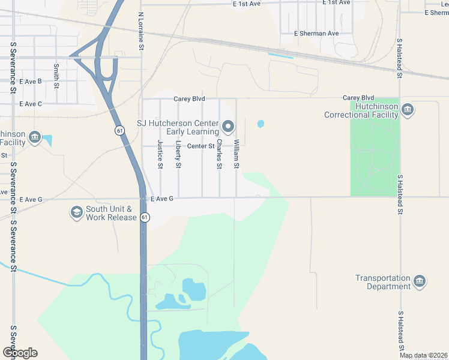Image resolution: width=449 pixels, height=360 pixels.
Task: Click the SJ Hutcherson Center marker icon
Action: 228,126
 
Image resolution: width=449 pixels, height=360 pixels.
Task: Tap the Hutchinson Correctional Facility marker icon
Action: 408,109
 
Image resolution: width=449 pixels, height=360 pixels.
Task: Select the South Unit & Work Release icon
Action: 76,212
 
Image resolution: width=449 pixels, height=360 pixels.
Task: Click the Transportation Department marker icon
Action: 420,281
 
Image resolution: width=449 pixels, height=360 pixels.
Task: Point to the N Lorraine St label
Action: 141,28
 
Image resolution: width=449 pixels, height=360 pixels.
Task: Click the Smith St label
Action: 56,76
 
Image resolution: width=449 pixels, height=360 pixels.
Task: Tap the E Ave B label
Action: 31,81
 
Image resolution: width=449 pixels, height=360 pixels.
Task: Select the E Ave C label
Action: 31,104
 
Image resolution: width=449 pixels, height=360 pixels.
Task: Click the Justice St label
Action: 160,154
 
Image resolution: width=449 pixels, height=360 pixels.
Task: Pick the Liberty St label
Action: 178,154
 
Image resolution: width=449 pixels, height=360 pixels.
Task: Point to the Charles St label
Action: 220,154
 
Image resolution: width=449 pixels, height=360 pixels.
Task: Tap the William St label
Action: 237,154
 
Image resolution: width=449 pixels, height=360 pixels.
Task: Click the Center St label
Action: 200,146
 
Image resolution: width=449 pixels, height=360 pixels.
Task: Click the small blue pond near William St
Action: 261,124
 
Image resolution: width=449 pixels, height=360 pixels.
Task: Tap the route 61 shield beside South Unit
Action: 145,217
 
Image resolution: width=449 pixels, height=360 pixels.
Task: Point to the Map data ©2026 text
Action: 424,356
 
